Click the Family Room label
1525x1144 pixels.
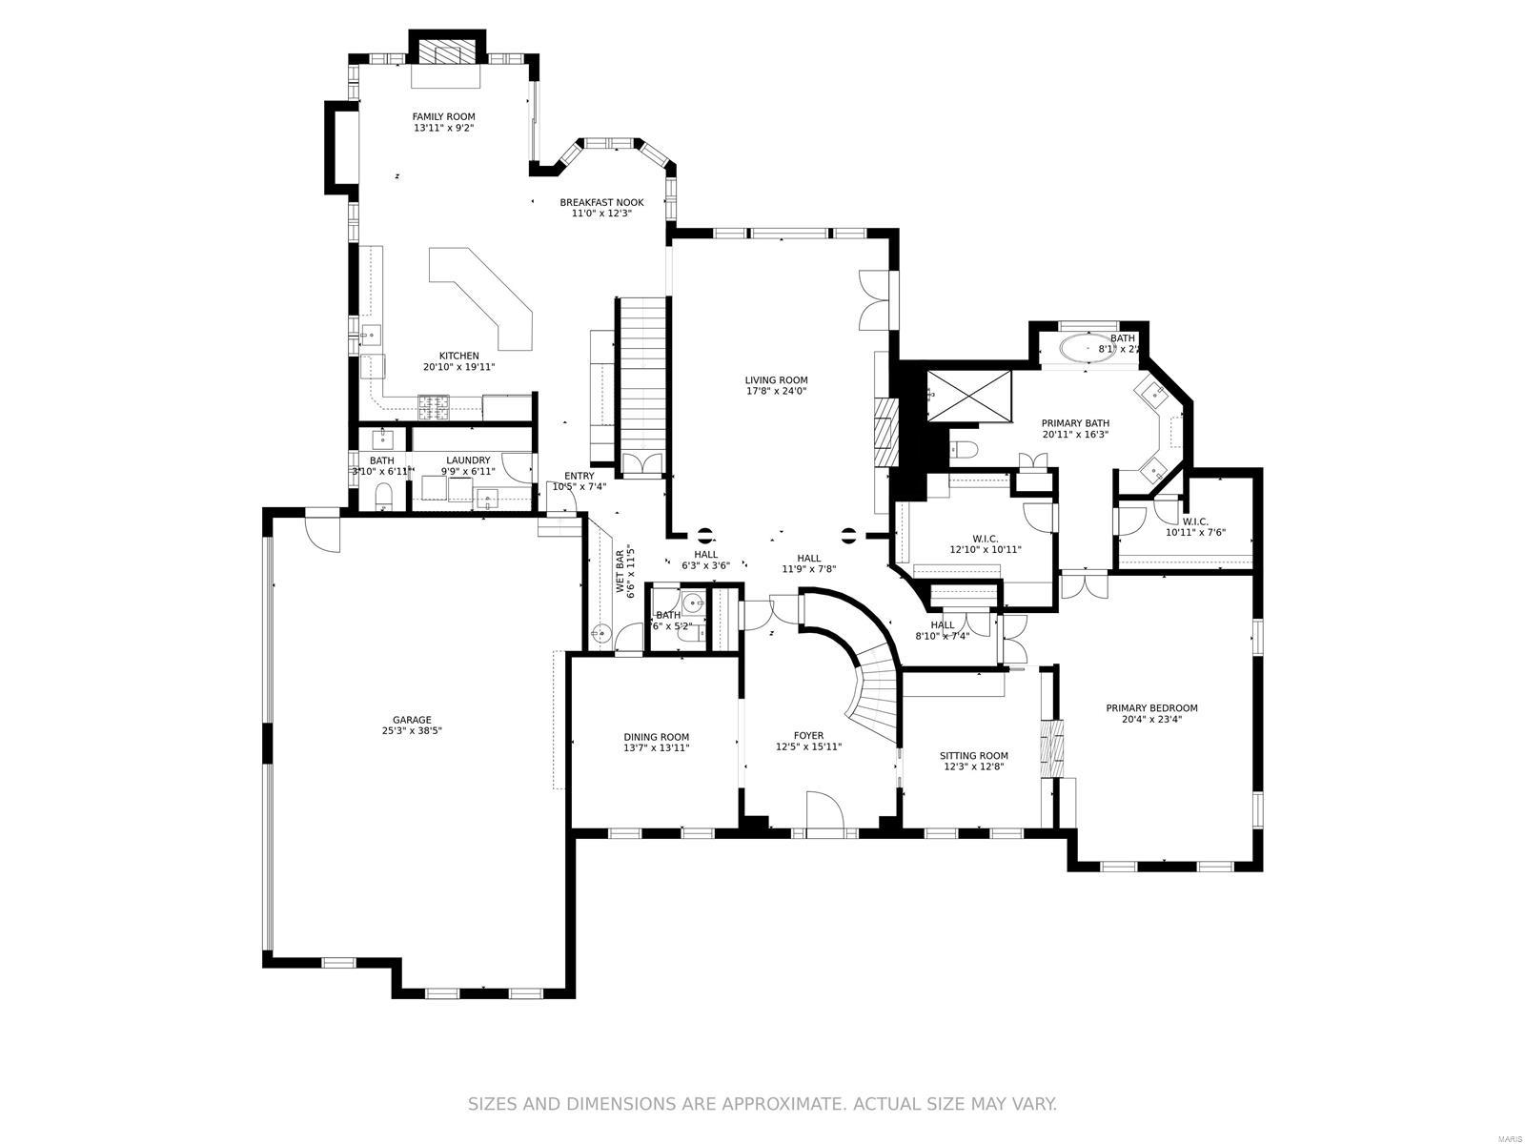(443, 117)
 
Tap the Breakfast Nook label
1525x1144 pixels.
(601, 202)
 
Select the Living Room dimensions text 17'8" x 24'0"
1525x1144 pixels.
(776, 391)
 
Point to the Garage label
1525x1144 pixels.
(412, 720)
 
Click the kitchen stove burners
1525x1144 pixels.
(435, 408)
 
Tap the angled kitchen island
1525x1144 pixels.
(486, 296)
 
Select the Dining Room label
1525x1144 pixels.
(656, 737)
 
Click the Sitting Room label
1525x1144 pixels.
(973, 756)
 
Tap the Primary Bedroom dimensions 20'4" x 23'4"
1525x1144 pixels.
(1151, 720)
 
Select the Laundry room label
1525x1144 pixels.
(468, 460)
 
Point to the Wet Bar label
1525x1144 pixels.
(620, 572)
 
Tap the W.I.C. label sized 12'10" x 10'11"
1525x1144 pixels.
(985, 539)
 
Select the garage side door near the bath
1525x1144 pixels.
(322, 532)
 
